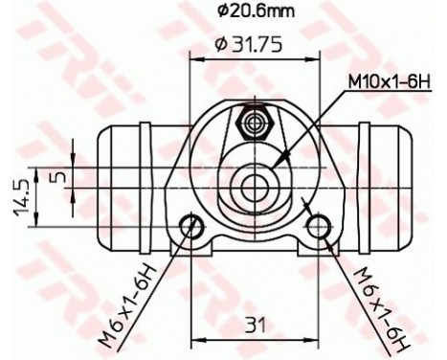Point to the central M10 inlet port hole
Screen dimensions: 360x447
[255, 180]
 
